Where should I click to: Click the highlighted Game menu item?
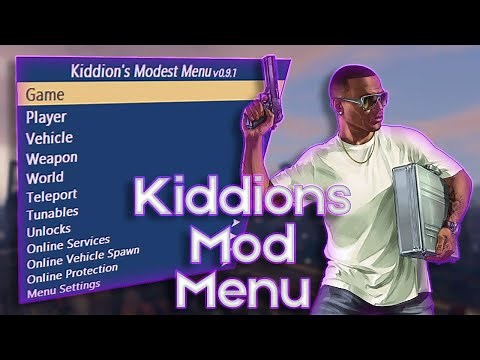pos(46,95)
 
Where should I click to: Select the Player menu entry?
pos(47,118)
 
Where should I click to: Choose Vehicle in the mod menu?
pos(49,138)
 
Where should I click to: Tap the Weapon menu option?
pos(52,157)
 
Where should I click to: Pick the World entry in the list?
pos(46,176)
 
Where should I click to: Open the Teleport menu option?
pos(52,195)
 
